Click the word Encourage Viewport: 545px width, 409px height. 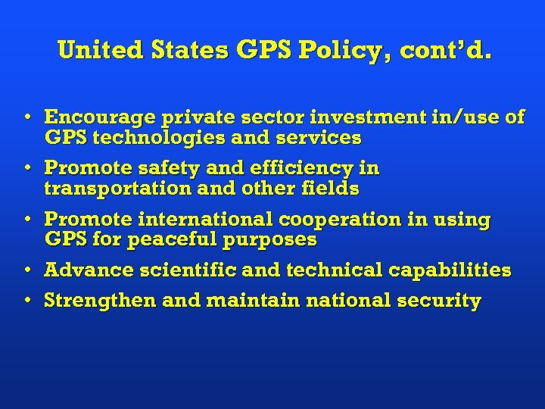[x=95, y=117]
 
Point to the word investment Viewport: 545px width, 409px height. [x=338, y=117]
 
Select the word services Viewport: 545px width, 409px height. [x=321, y=138]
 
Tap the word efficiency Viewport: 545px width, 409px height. [x=299, y=167]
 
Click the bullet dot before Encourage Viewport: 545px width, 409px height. [x=26, y=117]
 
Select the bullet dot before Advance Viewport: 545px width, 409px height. [x=26, y=270]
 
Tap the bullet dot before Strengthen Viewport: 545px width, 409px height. [x=26, y=300]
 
